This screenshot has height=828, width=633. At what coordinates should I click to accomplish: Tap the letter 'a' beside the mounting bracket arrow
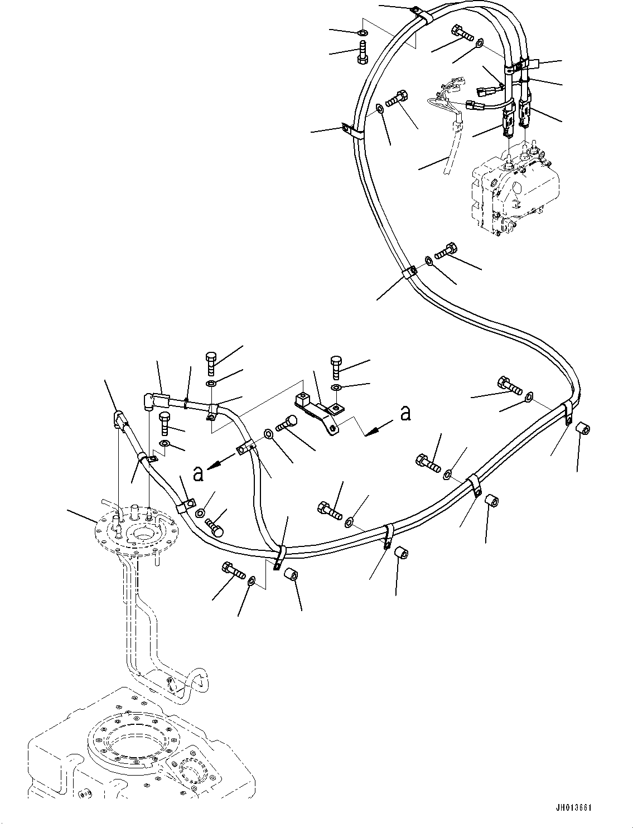click(407, 413)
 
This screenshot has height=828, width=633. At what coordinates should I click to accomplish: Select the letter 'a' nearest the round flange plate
click(197, 473)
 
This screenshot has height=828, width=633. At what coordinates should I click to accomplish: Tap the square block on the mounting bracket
click(302, 399)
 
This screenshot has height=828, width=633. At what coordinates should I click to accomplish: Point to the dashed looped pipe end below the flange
click(190, 683)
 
